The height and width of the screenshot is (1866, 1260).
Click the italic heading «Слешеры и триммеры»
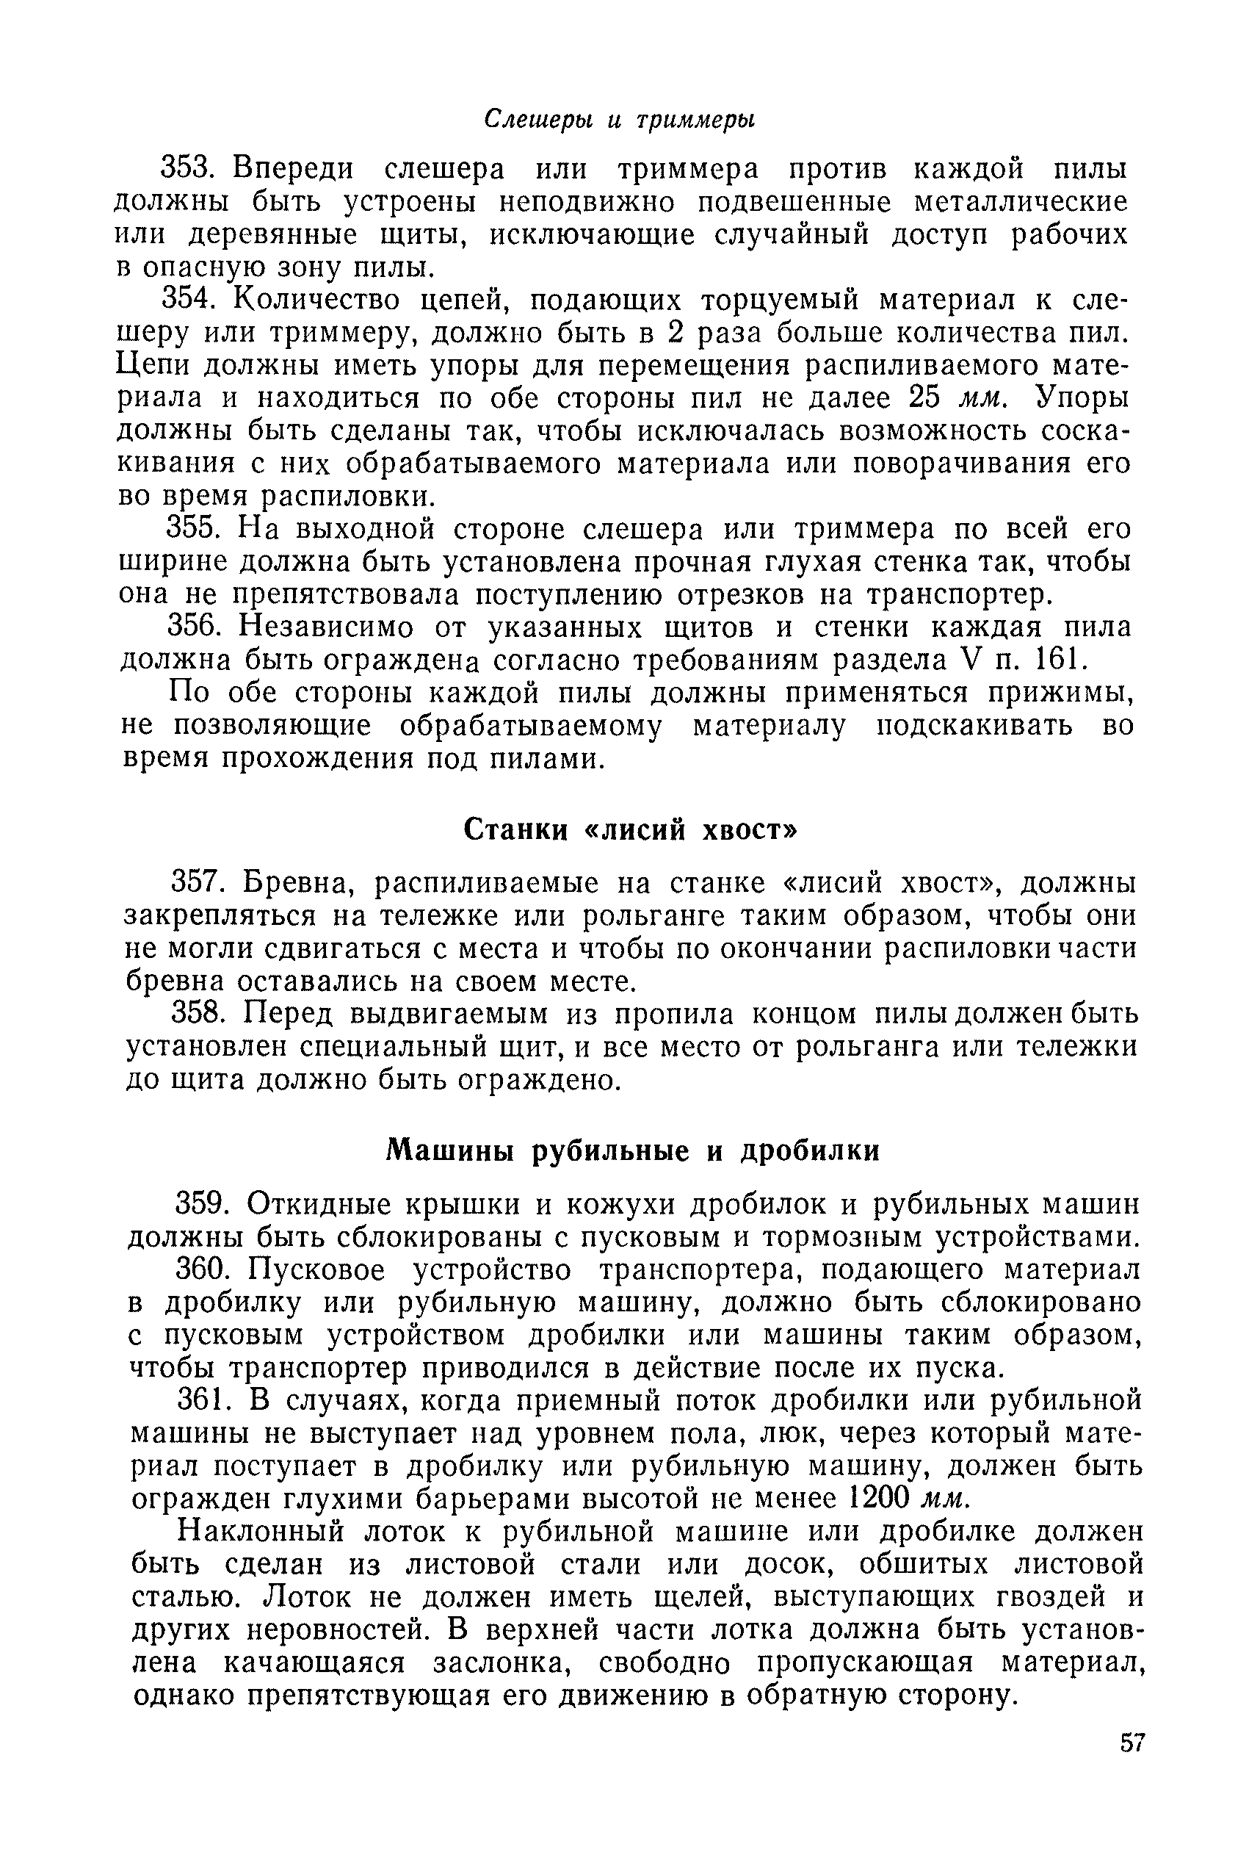point(620,119)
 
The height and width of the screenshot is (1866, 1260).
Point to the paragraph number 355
point(191,528)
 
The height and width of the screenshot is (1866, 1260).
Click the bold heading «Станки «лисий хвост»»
point(631,829)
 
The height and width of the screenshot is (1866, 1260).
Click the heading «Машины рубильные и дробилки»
point(633,1150)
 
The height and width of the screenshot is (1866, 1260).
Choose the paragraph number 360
point(204,1269)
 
